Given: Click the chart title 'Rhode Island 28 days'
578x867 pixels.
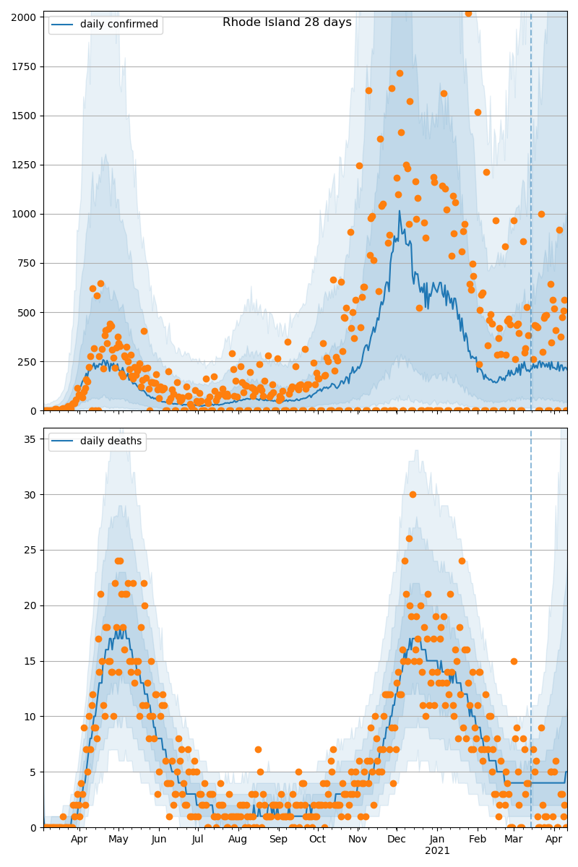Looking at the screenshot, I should click(287, 22).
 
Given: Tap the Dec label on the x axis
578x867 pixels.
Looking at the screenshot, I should click(396, 840).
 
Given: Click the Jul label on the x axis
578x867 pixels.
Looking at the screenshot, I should click(197, 840).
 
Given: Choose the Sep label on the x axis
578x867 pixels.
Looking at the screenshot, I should click(278, 840).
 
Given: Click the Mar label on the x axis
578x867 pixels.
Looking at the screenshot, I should click(513, 840).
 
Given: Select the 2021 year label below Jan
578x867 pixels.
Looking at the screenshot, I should click(437, 851).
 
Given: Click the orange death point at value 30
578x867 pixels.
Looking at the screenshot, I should click(413, 494).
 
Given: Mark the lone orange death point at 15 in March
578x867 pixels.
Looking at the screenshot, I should click(514, 661).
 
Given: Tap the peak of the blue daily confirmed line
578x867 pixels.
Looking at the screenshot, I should click(399, 211).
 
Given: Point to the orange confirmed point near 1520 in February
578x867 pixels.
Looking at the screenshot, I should click(478, 112).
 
